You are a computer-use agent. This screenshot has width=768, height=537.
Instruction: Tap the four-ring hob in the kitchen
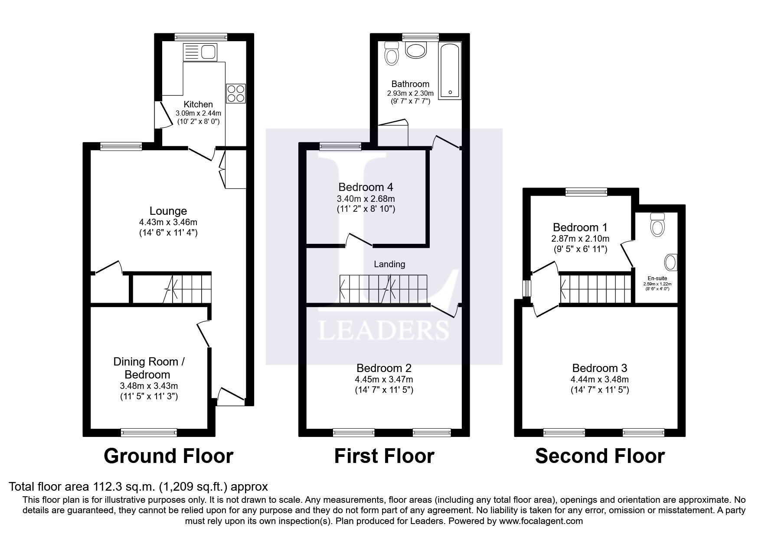click(235, 93)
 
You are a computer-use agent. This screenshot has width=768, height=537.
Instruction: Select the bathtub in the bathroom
click(450, 71)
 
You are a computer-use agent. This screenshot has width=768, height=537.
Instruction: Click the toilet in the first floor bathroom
click(392, 54)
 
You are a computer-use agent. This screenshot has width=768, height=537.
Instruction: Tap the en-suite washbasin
click(670, 262)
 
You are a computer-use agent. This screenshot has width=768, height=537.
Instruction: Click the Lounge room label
click(168, 211)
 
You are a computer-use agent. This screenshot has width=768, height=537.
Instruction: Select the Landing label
click(389, 264)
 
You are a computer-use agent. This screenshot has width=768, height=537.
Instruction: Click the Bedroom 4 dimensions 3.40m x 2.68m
click(366, 199)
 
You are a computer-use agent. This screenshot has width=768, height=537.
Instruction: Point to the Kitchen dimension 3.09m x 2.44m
click(198, 113)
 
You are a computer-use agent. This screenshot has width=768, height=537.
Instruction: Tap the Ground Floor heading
click(168, 456)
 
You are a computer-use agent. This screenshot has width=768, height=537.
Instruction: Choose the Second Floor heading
click(599, 456)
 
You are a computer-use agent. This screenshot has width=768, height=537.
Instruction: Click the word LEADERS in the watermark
click(383, 330)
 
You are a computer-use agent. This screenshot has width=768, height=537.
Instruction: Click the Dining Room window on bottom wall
click(149, 432)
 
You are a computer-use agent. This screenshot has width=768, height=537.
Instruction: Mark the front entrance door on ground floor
click(230, 398)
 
